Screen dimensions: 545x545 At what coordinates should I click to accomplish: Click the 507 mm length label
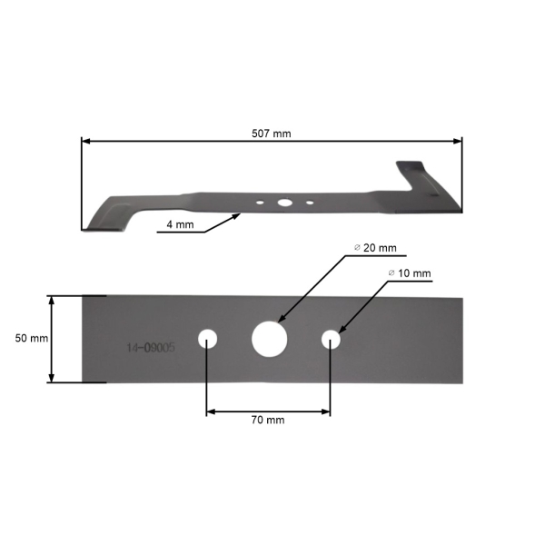[271, 134]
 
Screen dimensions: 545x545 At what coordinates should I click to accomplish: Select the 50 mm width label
[32, 338]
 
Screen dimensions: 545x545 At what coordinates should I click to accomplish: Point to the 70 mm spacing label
[268, 420]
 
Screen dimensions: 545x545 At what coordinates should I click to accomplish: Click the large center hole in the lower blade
[269, 338]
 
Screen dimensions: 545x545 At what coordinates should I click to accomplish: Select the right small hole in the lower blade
[331, 339]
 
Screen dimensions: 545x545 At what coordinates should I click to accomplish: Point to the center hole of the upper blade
[284, 203]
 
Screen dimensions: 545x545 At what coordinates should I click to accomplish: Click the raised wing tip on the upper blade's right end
[409, 168]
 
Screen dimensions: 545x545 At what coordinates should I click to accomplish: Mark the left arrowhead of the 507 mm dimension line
[85, 141]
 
